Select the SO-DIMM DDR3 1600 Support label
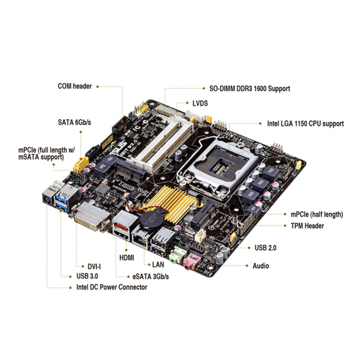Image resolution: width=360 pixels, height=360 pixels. point(250,89)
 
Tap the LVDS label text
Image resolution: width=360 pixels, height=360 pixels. point(200,103)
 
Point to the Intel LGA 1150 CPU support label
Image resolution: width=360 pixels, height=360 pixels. point(306,123)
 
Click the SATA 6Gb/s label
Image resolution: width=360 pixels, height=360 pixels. point(75,122)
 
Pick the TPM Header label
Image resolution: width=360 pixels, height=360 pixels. point(307,226)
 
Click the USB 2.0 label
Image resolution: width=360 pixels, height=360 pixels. point(265,247)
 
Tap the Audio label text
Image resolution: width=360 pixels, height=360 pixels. point(261,265)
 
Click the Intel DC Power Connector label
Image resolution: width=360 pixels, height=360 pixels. point(112,287)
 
